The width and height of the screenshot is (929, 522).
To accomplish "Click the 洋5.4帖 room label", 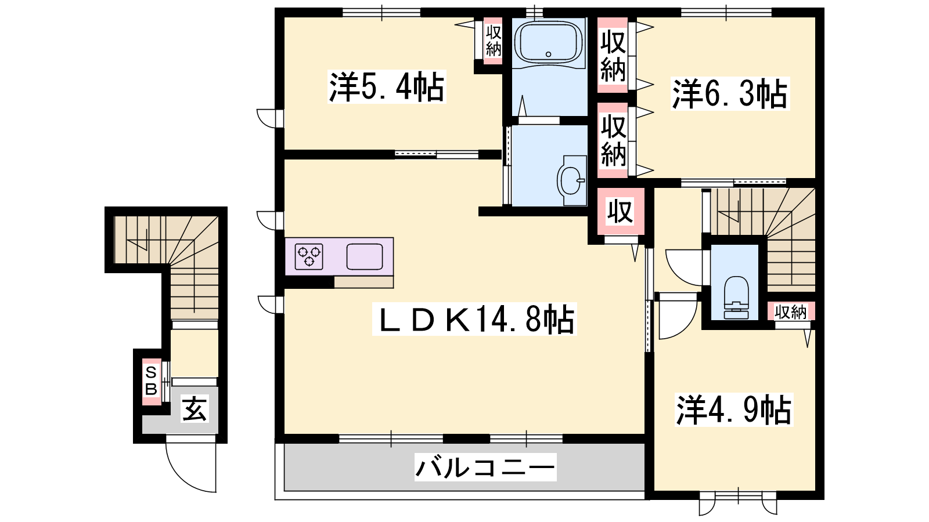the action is (387, 86).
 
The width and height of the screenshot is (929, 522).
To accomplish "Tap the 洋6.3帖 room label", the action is (730, 94).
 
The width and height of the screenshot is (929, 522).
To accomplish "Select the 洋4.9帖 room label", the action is (734, 410).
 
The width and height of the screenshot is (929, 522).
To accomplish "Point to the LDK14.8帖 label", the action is (474, 319).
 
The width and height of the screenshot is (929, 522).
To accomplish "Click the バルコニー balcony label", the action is (485, 467).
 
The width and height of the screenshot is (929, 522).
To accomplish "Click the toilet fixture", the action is (736, 298).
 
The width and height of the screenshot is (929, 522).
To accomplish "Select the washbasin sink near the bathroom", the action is (571, 180).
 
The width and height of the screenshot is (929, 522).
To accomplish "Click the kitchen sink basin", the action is (365, 257).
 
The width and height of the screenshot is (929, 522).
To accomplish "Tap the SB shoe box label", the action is (151, 381).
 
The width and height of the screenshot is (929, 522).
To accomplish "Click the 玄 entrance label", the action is (195, 408).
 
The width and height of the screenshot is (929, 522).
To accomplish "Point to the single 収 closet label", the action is (620, 212).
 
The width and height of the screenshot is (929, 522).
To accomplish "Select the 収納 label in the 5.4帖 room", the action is (494, 41).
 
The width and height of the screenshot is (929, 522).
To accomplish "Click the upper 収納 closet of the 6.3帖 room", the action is (613, 55).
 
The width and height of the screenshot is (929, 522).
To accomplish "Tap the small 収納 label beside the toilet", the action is (790, 311).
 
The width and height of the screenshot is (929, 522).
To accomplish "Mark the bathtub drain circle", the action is (548, 55).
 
